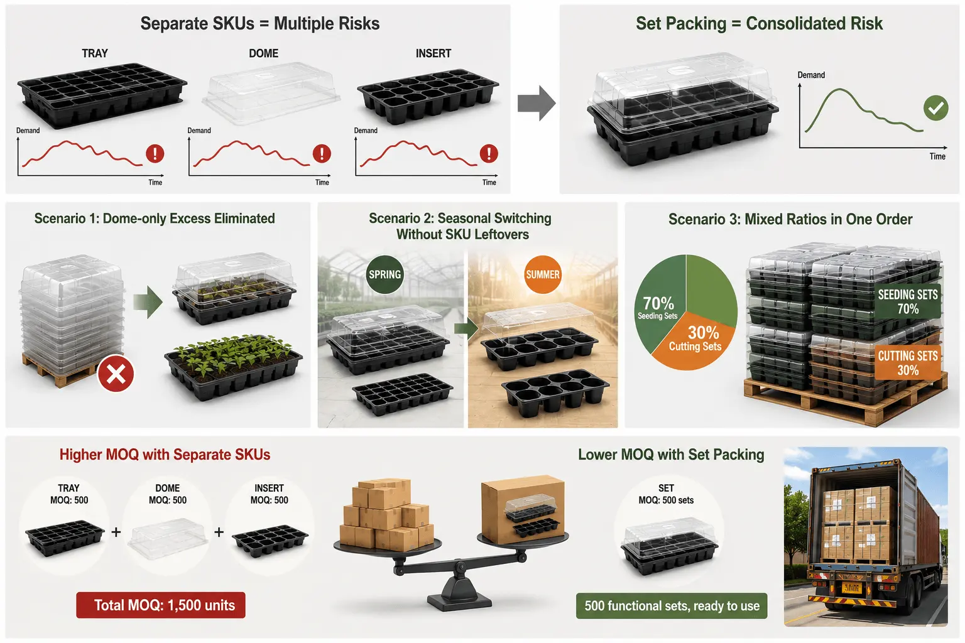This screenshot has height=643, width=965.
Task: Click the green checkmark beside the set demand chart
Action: (935, 108)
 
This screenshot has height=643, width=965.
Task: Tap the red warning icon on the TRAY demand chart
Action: (155, 153)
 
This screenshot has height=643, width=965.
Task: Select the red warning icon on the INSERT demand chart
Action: (489, 153)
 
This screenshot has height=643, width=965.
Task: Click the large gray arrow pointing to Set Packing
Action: (537, 104)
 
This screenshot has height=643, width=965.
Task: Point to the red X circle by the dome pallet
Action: (116, 374)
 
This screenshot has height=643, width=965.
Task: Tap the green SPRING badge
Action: (384, 274)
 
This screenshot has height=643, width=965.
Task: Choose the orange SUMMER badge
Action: (543, 274)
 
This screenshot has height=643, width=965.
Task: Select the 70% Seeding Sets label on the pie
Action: (658, 308)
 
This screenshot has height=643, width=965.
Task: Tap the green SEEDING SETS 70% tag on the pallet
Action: (908, 301)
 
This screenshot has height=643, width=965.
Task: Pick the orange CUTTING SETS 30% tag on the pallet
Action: (908, 363)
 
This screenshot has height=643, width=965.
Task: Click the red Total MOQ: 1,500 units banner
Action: (161, 605)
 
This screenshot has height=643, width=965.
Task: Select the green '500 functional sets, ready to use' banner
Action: (672, 606)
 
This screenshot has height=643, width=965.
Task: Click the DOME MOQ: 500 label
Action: (168, 494)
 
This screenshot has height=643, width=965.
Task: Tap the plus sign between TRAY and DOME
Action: (116, 532)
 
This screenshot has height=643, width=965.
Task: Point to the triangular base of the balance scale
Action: (459, 593)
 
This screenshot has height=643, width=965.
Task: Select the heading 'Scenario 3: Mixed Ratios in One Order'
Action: (790, 219)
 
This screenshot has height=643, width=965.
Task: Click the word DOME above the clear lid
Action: (264, 53)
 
